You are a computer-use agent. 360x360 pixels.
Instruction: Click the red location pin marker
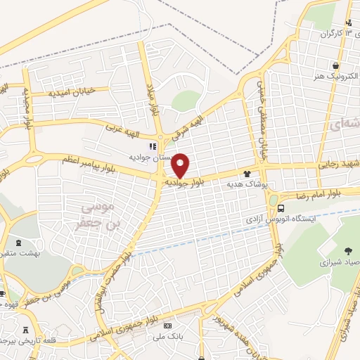181,165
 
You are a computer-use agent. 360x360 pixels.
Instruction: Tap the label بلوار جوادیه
187,181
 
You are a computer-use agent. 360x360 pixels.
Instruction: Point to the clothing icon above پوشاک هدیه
247,173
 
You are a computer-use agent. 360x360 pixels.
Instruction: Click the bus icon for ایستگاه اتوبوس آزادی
281,209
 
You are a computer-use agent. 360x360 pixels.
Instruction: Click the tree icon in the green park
349,250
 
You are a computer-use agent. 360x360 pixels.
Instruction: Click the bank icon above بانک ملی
167,326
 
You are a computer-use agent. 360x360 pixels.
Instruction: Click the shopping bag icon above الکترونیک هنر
317,64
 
